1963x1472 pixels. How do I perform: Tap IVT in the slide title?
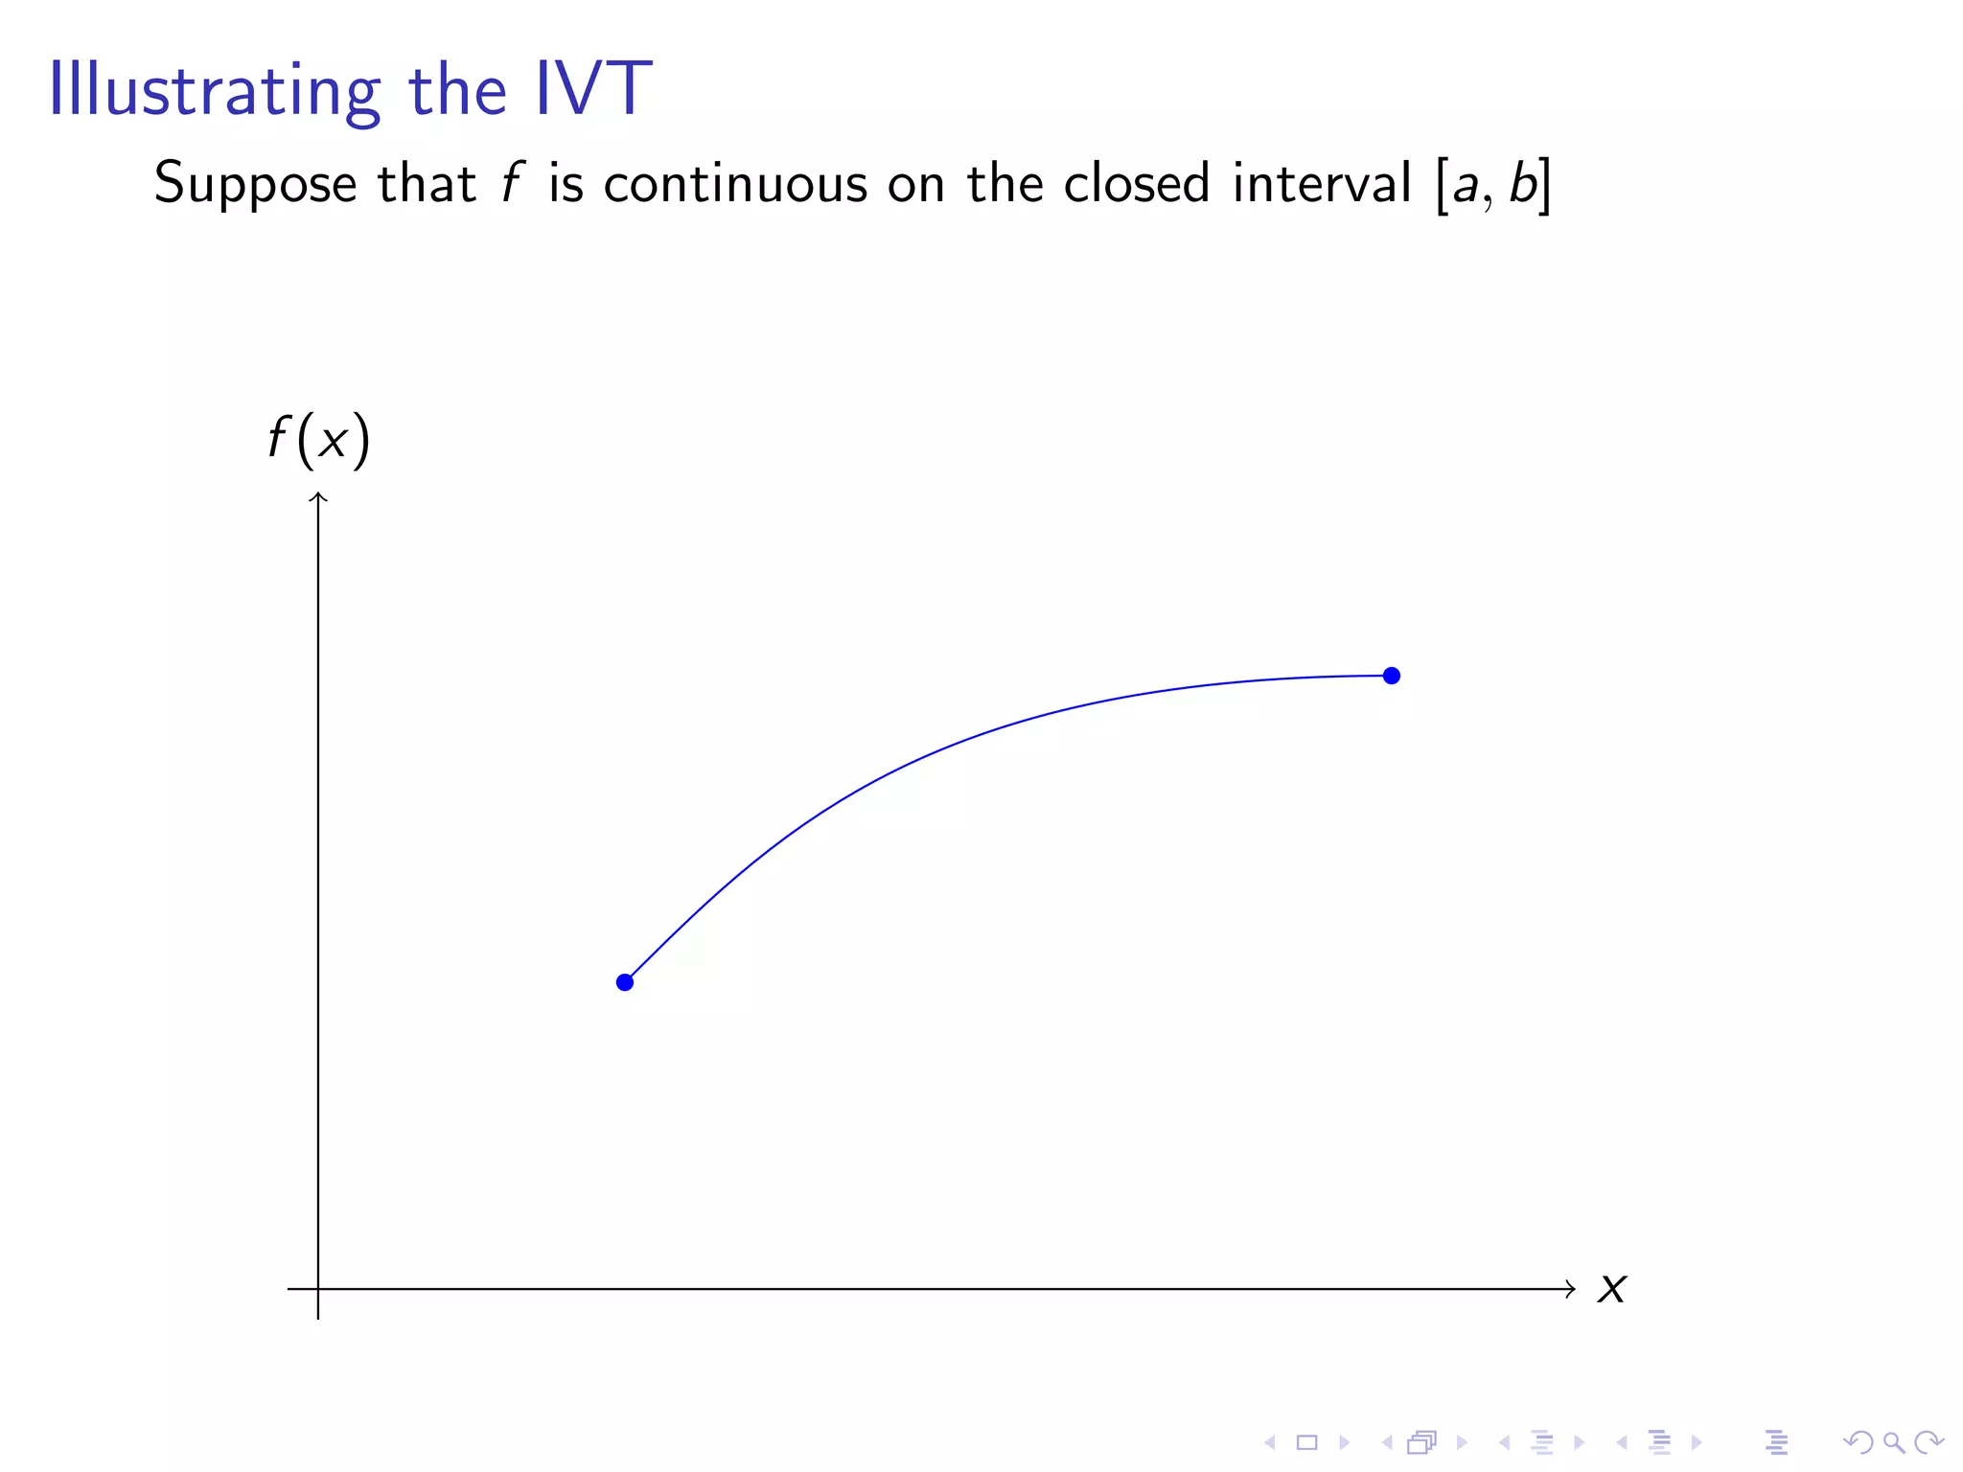(593, 89)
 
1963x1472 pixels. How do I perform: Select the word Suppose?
(255, 184)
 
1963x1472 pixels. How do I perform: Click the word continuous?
(734, 183)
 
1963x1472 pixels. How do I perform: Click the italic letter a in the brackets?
(1465, 185)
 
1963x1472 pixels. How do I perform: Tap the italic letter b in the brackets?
(1522, 182)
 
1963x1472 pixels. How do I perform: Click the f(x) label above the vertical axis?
(318, 440)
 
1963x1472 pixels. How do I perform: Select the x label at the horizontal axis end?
(1611, 1289)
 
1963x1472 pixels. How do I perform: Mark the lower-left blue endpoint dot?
(625, 982)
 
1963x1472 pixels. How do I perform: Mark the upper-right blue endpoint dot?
(1392, 676)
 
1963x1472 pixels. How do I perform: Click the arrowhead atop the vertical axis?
(318, 496)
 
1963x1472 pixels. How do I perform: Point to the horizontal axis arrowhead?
(1570, 1289)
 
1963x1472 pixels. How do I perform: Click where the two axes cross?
(318, 1289)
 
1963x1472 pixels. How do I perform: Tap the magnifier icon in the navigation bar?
(1893, 1441)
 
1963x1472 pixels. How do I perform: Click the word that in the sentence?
(427, 183)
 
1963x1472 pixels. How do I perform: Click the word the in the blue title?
(457, 90)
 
